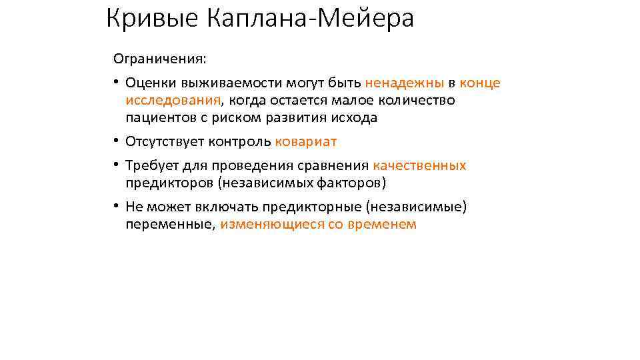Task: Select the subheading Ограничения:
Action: pyautogui.click(x=160, y=59)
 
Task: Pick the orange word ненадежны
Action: pyautogui.click(x=405, y=83)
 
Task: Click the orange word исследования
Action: pyautogui.click(x=173, y=100)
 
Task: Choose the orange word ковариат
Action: pyautogui.click(x=306, y=141)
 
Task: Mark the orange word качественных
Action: pyautogui.click(x=419, y=165)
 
